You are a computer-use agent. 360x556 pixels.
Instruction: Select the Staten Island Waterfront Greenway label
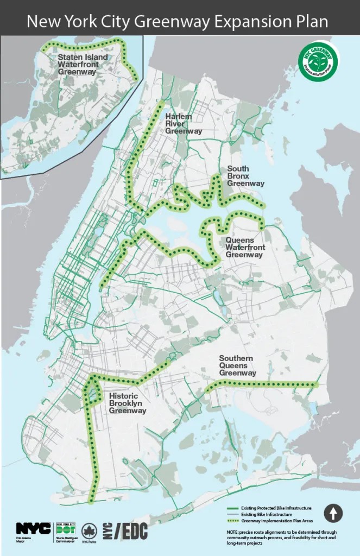coord(83,64)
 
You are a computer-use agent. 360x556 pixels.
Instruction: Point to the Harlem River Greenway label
coord(184,124)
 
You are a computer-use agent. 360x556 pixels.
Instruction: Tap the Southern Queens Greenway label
coord(237,365)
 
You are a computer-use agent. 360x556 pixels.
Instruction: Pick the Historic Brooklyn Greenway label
coord(128,403)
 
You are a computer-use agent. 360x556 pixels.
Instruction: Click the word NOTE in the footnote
coord(233,532)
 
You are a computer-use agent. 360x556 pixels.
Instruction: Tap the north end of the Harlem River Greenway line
coord(161,103)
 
